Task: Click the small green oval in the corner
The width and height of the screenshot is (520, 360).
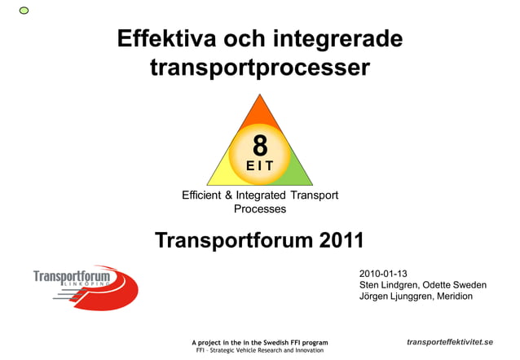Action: tap(24, 10)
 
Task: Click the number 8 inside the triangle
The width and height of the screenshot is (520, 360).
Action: tap(260, 146)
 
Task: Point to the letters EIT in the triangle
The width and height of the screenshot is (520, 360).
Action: tap(260, 166)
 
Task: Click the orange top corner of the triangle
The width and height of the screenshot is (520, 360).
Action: tap(260, 110)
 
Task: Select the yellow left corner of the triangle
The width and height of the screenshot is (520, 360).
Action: tap(222, 175)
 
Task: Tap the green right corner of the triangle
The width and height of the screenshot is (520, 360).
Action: tap(298, 175)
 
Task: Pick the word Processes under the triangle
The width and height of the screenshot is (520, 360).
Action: tap(260, 209)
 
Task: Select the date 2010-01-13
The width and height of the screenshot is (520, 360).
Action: tap(383, 273)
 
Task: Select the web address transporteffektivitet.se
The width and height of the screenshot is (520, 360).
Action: tap(450, 341)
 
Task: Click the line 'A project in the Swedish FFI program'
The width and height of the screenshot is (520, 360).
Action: tap(259, 343)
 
